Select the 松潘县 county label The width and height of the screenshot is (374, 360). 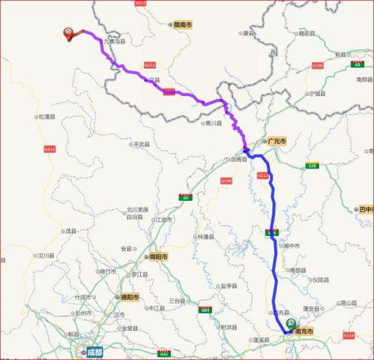[x=47, y=116]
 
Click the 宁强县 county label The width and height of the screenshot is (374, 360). [x=314, y=94]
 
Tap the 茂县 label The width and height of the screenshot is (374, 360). [x=70, y=231]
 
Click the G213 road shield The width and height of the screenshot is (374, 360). [x=50, y=148]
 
